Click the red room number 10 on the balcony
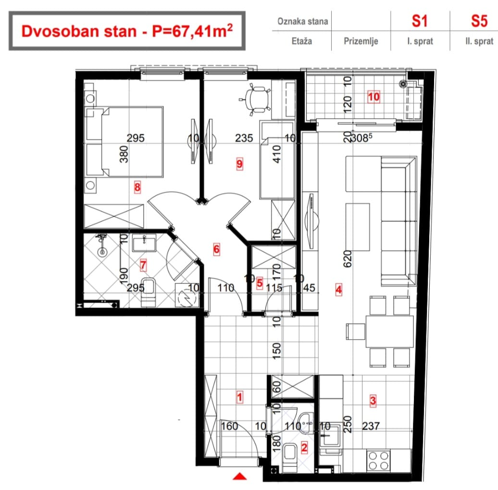pos(373,97)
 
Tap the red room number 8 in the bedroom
pos(137,187)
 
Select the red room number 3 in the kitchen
pos(373,400)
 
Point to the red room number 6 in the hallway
pos(216,249)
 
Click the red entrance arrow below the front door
pos(240,476)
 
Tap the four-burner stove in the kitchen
pos(378,461)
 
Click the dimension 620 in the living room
pos(348,258)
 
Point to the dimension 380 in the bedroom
pos(124,154)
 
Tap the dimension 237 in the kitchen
pos(371,426)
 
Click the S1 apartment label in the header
pos(420,21)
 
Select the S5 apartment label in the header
pos(479,21)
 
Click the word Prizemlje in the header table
pos(361,41)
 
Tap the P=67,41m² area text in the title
pos(192,31)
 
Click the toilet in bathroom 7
pos(148,292)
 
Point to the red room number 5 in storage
pos(260,283)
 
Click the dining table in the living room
pos(389,331)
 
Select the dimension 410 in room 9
pos(277,154)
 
